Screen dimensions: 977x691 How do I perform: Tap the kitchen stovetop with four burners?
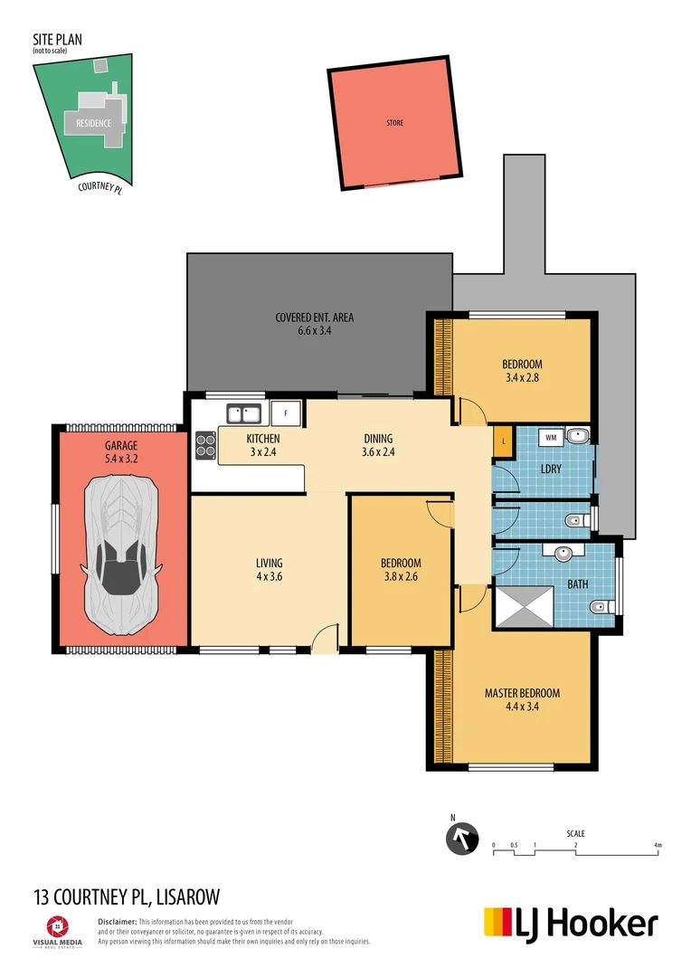[x=205, y=444]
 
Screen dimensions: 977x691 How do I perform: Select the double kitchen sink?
[x=244, y=414]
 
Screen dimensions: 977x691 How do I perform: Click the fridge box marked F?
[x=286, y=413]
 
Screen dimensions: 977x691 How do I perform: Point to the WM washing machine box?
[x=550, y=437]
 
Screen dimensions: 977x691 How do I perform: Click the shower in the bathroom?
[x=524, y=606]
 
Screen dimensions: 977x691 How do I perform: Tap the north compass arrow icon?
[x=463, y=839]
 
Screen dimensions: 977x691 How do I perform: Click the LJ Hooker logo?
[x=571, y=924]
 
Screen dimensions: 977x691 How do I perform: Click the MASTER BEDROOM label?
[x=522, y=693]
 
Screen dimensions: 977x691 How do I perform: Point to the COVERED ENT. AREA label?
[x=314, y=318]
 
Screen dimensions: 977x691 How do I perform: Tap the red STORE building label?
[x=394, y=123]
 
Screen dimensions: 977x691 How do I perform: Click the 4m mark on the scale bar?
[x=658, y=845]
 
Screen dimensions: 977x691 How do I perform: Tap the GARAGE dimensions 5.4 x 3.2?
[x=120, y=459]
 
